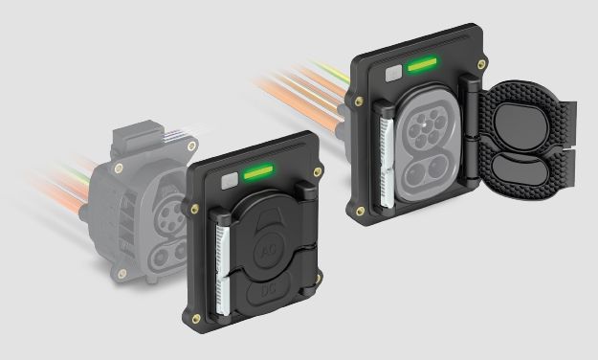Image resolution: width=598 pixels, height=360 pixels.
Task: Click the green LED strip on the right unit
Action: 420,66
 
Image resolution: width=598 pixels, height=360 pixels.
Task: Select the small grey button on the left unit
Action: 227,179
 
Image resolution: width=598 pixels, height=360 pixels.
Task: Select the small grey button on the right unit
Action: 391,72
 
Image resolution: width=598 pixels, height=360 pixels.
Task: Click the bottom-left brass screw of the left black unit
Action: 196,319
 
